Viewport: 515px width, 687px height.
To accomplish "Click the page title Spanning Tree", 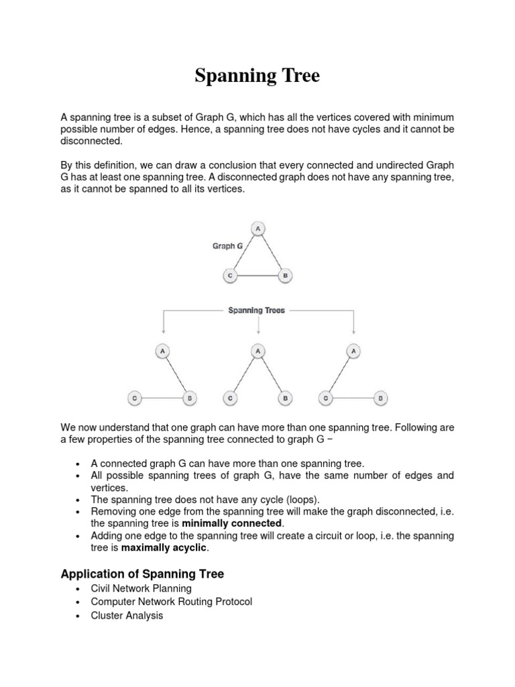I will click(257, 76).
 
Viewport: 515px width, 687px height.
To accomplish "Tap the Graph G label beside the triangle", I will click(228, 246).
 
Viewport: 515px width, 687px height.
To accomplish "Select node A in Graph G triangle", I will click(257, 229).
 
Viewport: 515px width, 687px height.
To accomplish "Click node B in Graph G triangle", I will click(285, 275).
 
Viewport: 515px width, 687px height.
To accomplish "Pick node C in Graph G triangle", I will click(229, 275).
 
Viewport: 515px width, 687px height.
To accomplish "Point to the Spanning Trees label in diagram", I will click(257, 311).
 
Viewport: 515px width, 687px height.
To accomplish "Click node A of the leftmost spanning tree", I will click(162, 350).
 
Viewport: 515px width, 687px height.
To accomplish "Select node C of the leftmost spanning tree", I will click(134, 398).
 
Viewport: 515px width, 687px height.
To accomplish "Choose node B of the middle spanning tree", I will click(285, 398).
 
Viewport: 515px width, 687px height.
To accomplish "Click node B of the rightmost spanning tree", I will click(380, 398).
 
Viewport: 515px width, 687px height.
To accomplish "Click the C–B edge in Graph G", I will click(257, 275).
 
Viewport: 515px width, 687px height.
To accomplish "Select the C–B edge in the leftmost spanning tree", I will click(162, 398).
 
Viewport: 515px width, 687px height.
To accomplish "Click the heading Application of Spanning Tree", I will click(142, 574).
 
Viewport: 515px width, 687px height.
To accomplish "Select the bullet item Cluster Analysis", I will click(127, 615).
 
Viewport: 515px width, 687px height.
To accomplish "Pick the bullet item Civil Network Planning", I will click(141, 588).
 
